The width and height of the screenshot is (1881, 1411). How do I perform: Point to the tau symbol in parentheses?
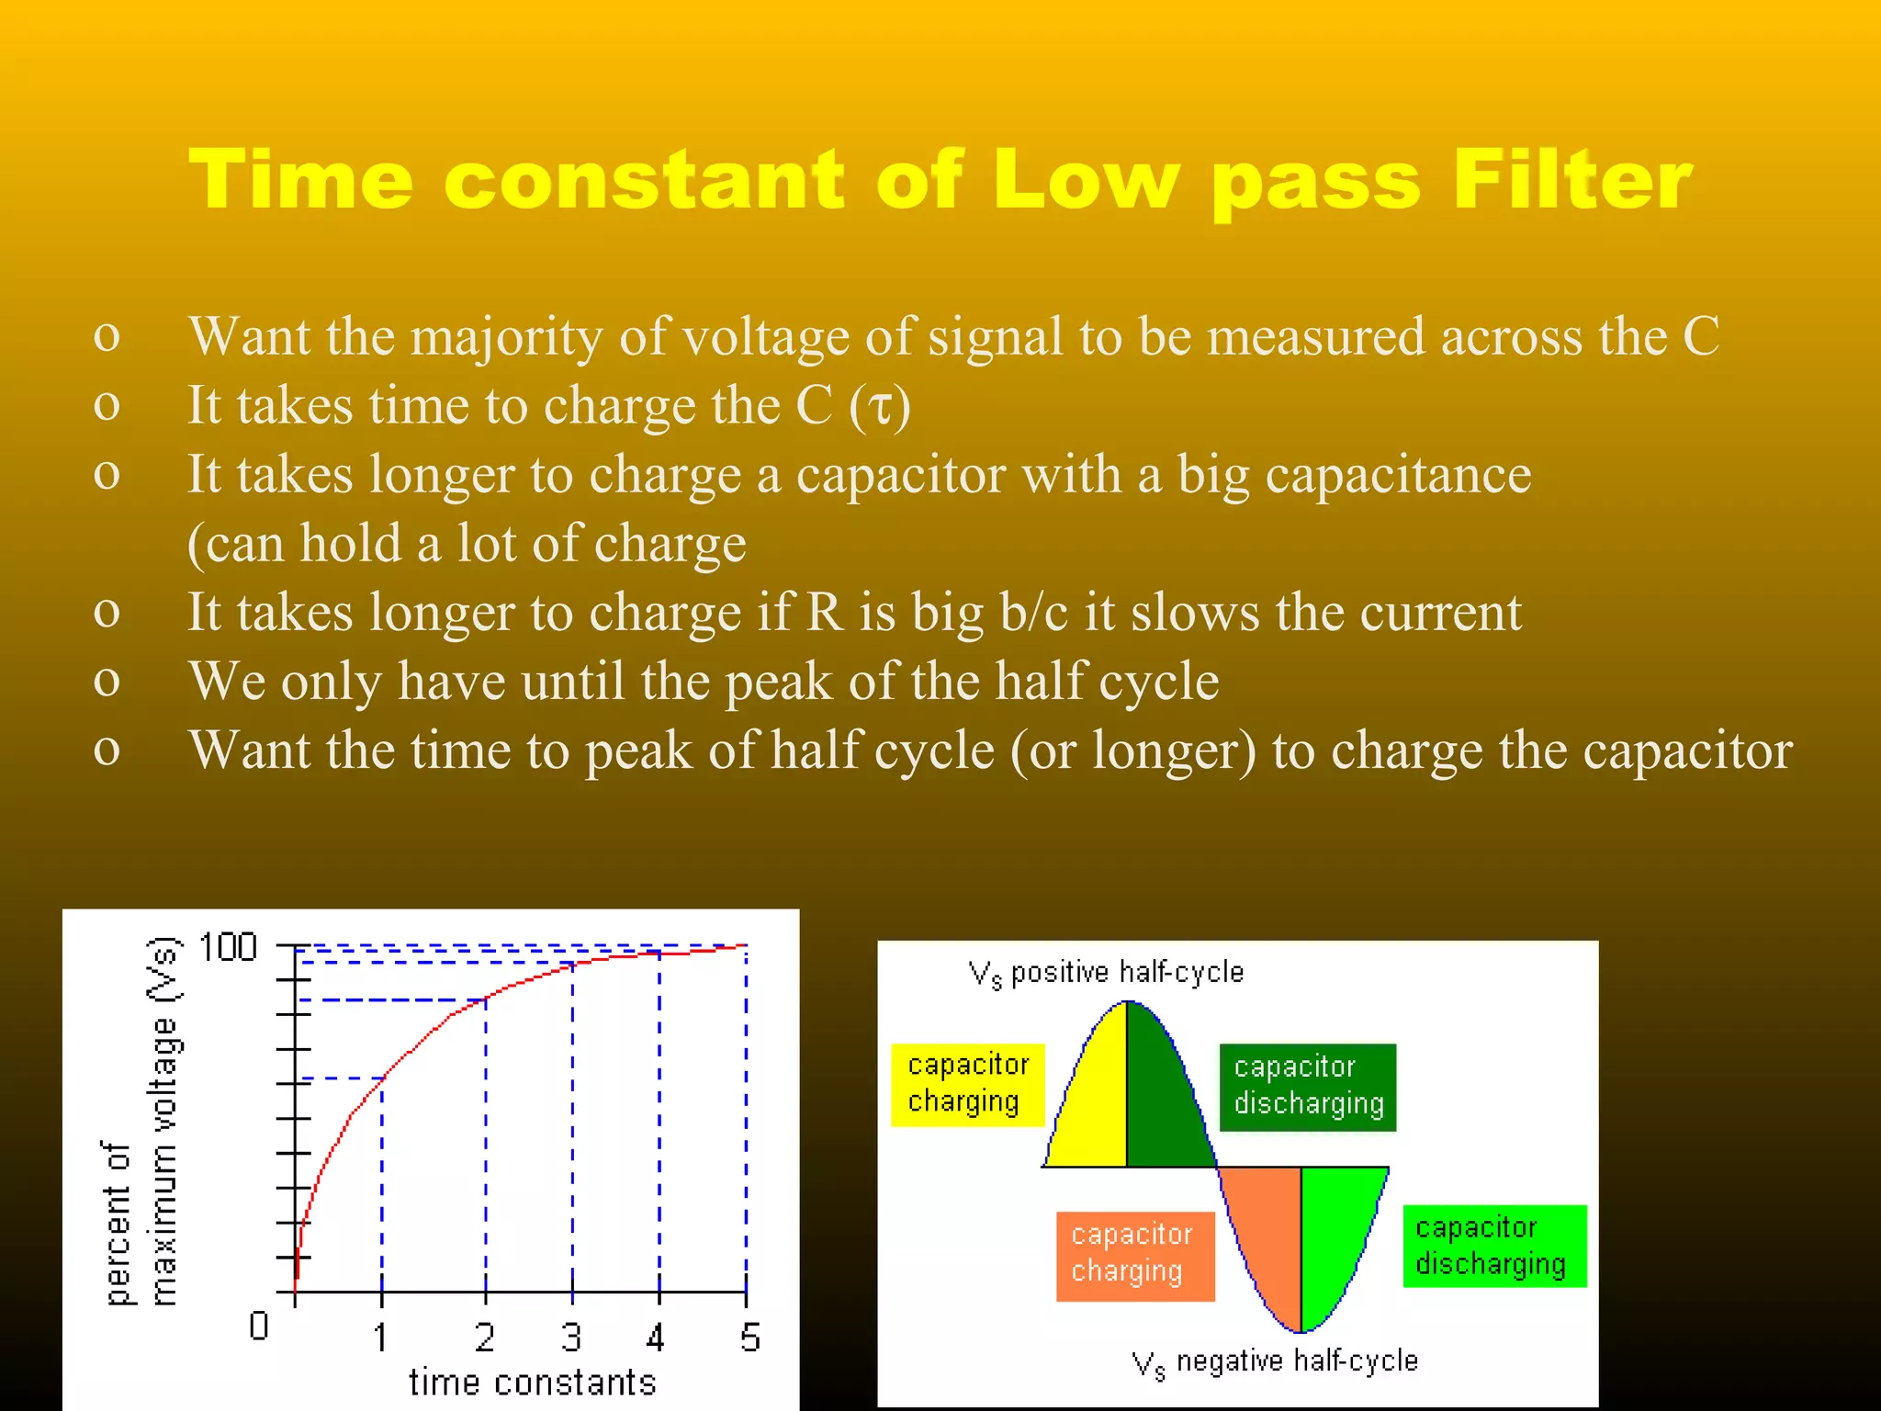point(880,406)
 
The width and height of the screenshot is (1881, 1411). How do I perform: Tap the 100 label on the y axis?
point(228,947)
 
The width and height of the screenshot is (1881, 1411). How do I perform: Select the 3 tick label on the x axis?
point(571,1338)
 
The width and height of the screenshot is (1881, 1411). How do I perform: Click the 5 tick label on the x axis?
point(749,1338)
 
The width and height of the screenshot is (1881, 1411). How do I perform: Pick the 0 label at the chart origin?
point(259,1326)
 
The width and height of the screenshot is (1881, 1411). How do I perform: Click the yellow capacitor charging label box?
point(966,1084)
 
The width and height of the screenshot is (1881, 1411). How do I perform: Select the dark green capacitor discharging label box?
point(1307,1086)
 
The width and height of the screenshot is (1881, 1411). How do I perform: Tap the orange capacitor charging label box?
point(1134,1254)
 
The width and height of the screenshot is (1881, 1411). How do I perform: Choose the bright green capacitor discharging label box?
point(1493,1246)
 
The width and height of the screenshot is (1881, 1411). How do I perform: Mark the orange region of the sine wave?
point(1267,1231)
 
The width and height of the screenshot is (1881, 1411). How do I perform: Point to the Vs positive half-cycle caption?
point(1106,973)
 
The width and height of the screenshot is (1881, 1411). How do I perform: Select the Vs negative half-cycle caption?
point(1275,1361)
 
